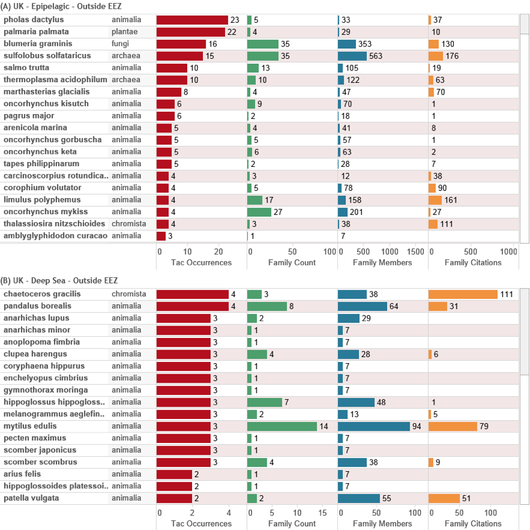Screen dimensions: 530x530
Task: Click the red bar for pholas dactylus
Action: pyautogui.click(x=192, y=20)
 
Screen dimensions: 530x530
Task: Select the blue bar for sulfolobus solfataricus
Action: pyautogui.click(x=352, y=56)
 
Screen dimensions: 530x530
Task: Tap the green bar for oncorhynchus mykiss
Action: pyautogui.click(x=259, y=212)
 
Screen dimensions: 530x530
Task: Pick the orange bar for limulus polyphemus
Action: pyautogui.click(x=435, y=200)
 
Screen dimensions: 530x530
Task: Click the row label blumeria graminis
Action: pyautogui.click(x=38, y=44)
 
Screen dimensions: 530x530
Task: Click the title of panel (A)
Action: pyautogui.click(x=61, y=7)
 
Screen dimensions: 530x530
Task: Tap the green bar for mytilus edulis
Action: pyautogui.click(x=282, y=426)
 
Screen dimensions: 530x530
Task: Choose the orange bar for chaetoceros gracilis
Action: pyautogui.click(x=463, y=294)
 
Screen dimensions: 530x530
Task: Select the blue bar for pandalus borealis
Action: pyautogui.click(x=363, y=306)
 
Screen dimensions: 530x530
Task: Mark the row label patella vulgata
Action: pyautogui.click(x=31, y=498)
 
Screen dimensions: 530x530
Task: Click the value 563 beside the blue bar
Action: pyautogui.click(x=375, y=56)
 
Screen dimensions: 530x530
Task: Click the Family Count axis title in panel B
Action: pyautogui.click(x=292, y=523)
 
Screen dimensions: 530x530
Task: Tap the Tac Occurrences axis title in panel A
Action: pyautogui.click(x=194, y=263)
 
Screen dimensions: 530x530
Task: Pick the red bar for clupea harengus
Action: pyautogui.click(x=183, y=354)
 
